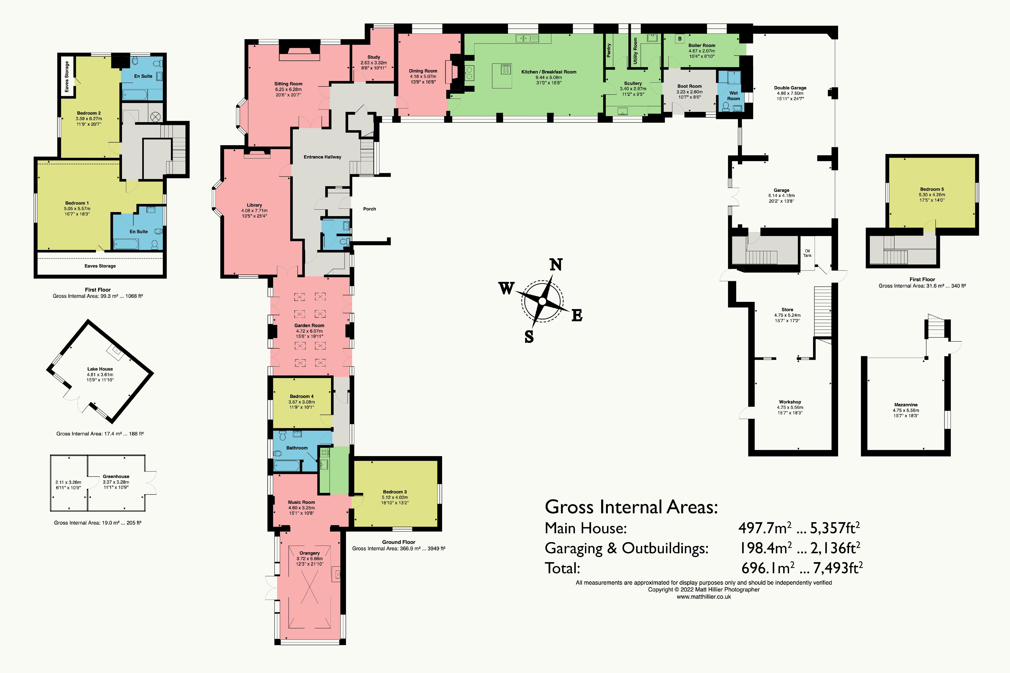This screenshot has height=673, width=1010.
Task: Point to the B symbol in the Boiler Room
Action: click(680, 39)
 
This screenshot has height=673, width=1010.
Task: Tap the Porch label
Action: click(369, 209)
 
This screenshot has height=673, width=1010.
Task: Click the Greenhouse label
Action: click(116, 476)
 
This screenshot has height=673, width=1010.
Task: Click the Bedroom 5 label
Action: click(932, 189)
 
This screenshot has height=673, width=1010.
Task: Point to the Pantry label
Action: click(608, 50)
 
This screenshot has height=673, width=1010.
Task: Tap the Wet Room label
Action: click(733, 96)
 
